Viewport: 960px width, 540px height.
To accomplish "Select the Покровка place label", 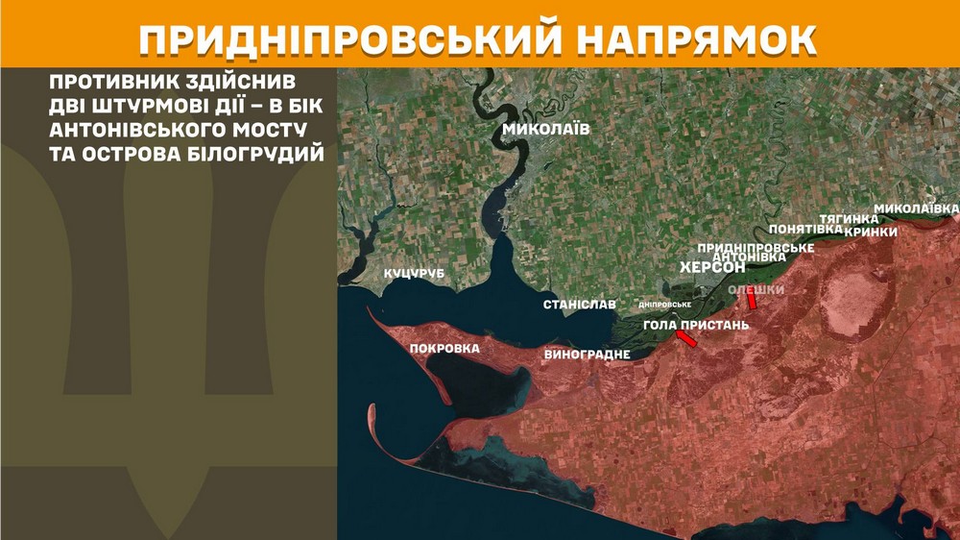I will [x=444, y=348].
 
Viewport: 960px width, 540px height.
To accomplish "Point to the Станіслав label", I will [x=579, y=304].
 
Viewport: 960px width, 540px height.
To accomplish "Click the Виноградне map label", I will [x=587, y=355].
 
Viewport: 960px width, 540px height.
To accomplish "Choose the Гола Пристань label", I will [x=695, y=325].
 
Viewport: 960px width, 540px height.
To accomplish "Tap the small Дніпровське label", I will [x=665, y=305].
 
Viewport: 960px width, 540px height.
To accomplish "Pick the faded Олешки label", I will [x=756, y=289].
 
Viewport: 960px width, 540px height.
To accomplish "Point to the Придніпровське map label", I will [x=756, y=247].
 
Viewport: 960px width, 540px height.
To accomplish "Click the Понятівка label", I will [x=804, y=230].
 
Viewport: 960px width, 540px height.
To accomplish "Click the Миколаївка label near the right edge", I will [x=916, y=209].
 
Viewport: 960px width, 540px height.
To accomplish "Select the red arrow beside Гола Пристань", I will [x=686, y=338].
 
